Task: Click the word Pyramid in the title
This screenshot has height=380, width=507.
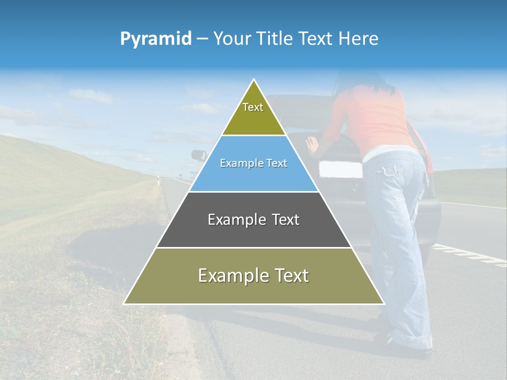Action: click(x=156, y=39)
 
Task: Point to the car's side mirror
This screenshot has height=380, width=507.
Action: click(x=199, y=155)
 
